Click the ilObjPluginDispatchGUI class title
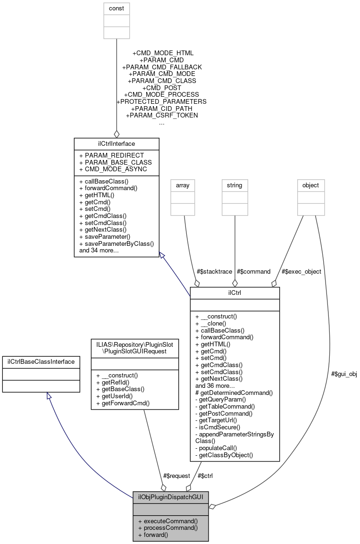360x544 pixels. click(170, 497)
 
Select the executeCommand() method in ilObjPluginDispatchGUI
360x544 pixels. click(167, 521)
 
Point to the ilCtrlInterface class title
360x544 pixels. click(116, 142)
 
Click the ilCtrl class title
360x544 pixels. click(234, 293)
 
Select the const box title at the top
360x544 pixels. click(117, 8)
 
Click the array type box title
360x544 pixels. click(183, 185)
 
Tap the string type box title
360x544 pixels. click(234, 185)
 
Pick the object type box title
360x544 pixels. click(311, 185)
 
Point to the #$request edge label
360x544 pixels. click(176, 476)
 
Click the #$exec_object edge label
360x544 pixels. click(301, 271)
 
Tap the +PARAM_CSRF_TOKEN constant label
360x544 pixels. click(162, 115)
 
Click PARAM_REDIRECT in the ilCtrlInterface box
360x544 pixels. click(112, 155)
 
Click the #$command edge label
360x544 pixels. click(254, 271)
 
